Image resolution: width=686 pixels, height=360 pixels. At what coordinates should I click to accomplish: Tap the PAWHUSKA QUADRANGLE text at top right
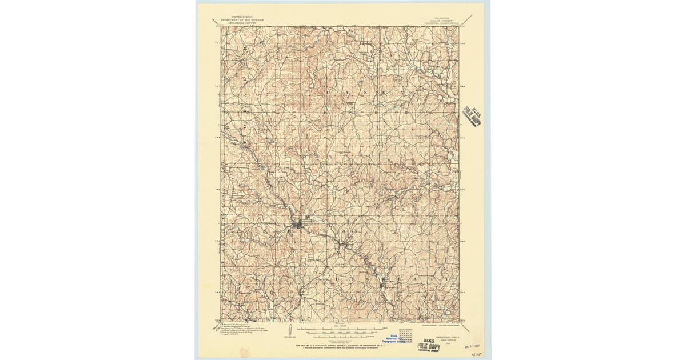[445, 23]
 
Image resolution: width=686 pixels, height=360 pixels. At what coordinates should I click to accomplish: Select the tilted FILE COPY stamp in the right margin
[473, 116]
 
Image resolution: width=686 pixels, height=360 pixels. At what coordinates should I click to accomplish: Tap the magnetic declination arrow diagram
[290, 330]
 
